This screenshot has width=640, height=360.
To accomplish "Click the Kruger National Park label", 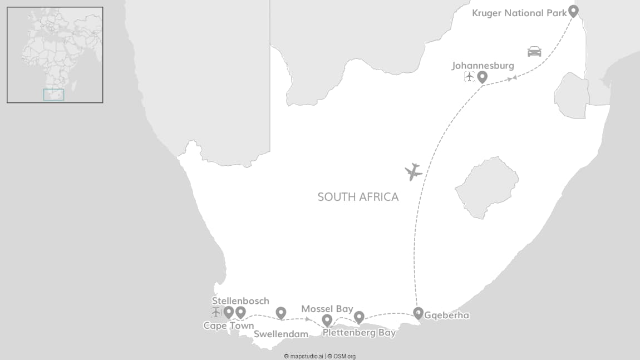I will [x=519, y=13].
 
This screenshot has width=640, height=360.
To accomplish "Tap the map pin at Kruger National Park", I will [x=573, y=11].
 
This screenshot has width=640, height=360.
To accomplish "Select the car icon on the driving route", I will [x=534, y=51].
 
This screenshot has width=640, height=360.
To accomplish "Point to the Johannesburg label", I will [x=483, y=66].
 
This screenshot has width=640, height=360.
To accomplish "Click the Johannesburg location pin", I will [x=482, y=77].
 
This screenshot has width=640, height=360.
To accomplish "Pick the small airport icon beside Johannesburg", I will [x=469, y=77].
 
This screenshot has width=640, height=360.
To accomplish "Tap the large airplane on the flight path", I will [x=413, y=172].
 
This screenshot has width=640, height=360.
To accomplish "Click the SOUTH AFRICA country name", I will [x=358, y=197].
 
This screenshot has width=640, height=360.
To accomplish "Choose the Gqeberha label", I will [x=446, y=315].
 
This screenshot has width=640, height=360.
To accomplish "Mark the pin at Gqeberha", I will [x=418, y=313].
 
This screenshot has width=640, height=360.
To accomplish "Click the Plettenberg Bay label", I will [x=359, y=333].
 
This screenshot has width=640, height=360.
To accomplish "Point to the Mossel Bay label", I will [x=327, y=309].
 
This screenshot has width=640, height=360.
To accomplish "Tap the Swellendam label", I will [x=281, y=334].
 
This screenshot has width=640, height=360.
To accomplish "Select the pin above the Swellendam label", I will [x=281, y=313].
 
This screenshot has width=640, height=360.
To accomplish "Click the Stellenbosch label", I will [x=240, y=301].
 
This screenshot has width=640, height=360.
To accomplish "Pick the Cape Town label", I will [x=228, y=326].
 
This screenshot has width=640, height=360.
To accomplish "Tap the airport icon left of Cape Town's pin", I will [x=216, y=312].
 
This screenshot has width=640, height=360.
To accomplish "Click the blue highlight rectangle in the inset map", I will [x=53, y=95].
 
